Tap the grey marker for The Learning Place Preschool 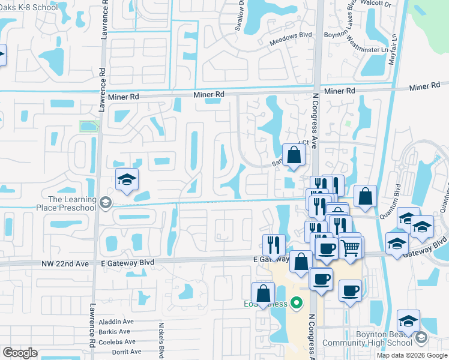(106, 203)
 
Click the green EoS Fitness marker (295, 304)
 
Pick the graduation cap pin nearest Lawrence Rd (127, 179)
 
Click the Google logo (20, 353)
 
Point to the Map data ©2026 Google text (412, 355)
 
